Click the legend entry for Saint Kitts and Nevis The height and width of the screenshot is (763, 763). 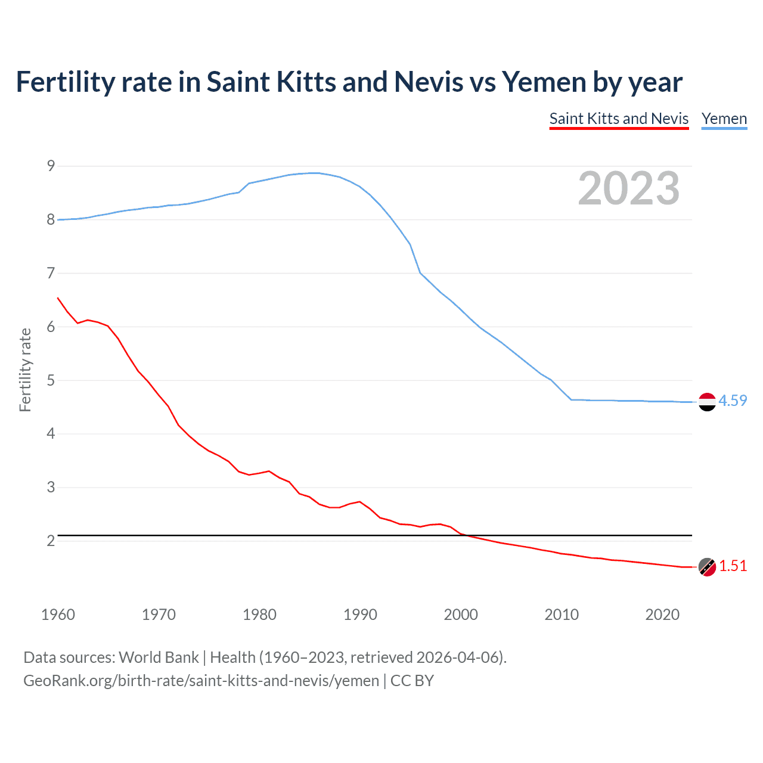tap(619, 119)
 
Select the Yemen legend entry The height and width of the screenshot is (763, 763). tap(724, 119)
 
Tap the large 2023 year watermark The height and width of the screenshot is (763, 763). tap(628, 188)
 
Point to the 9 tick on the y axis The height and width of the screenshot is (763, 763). tap(51, 166)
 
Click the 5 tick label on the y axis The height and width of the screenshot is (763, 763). tap(51, 380)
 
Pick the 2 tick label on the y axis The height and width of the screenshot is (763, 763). tap(51, 541)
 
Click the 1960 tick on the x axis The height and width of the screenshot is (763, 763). tap(58, 615)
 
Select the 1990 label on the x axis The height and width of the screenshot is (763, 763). tap(360, 615)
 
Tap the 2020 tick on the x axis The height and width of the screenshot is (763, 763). tap(662, 615)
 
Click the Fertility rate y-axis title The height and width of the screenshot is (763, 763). tap(25, 370)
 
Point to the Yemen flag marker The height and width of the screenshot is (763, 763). tap(706, 402)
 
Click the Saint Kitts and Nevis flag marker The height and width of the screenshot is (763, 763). tap(706, 567)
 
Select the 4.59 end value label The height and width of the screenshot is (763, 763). tap(733, 401)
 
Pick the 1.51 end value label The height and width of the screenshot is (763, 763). tap(733, 566)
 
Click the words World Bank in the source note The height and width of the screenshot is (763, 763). tap(159, 657)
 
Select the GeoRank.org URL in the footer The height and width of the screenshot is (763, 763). tap(201, 681)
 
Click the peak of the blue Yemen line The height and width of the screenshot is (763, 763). tap(314, 173)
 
